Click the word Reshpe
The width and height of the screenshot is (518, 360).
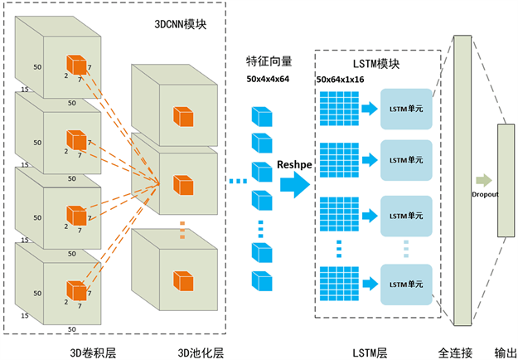[293, 164]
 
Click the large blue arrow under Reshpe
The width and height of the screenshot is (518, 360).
[294, 184]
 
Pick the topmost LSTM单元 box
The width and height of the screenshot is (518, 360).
[406, 108]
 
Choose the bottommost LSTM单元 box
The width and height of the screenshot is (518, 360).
[406, 284]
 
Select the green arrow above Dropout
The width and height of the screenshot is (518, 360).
[484, 180]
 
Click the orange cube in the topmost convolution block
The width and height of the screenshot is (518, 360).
[77, 63]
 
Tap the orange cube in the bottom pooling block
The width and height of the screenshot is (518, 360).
[182, 280]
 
